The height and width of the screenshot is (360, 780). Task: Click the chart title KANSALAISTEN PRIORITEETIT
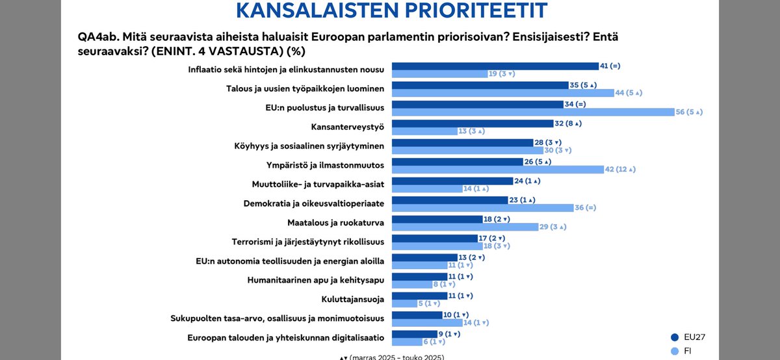pyautogui.click(x=391, y=11)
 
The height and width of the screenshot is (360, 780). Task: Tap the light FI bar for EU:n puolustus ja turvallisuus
pyautogui.click(x=534, y=112)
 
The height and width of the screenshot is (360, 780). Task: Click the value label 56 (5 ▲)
pyautogui.click(x=690, y=112)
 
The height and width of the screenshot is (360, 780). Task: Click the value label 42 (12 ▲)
pyautogui.click(x=621, y=170)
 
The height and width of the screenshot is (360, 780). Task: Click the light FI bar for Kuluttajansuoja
pyautogui.click(x=404, y=303)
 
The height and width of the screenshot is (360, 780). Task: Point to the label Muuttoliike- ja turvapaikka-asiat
pyautogui.click(x=318, y=184)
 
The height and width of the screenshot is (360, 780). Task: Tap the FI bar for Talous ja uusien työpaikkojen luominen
pyautogui.click(x=503, y=93)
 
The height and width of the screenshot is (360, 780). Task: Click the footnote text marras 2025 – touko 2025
pyautogui.click(x=396, y=357)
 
